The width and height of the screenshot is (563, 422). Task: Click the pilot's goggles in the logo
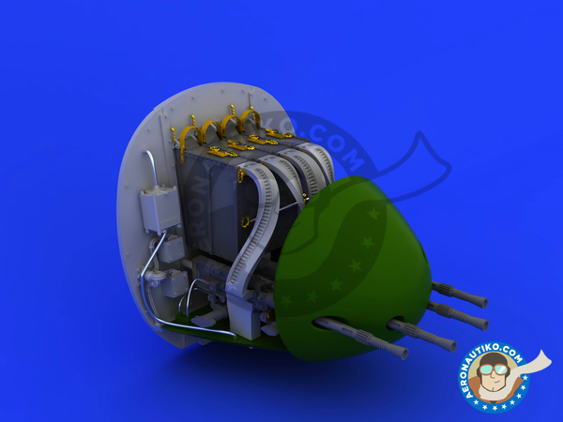tap(494, 369)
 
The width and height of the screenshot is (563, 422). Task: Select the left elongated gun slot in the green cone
tap(330, 323)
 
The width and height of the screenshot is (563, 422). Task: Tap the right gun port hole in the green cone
tap(396, 320)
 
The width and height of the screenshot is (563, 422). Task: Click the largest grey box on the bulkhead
tap(160, 210)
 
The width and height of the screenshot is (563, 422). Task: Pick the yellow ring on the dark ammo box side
tap(246, 221)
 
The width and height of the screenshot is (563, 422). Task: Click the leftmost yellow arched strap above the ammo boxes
tap(191, 135)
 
